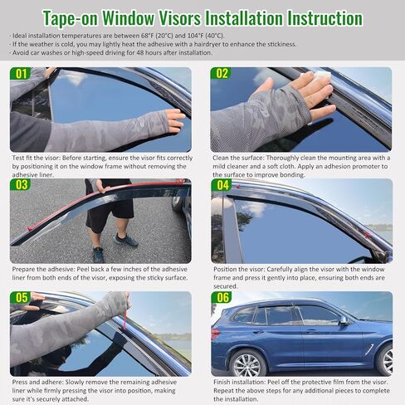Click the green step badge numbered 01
coord(21,73)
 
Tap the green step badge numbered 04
coord(222,185)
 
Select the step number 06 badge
coord(222,297)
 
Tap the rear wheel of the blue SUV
coord(246,364)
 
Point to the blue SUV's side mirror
coord(343,320)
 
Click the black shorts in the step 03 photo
coord(110,207)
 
